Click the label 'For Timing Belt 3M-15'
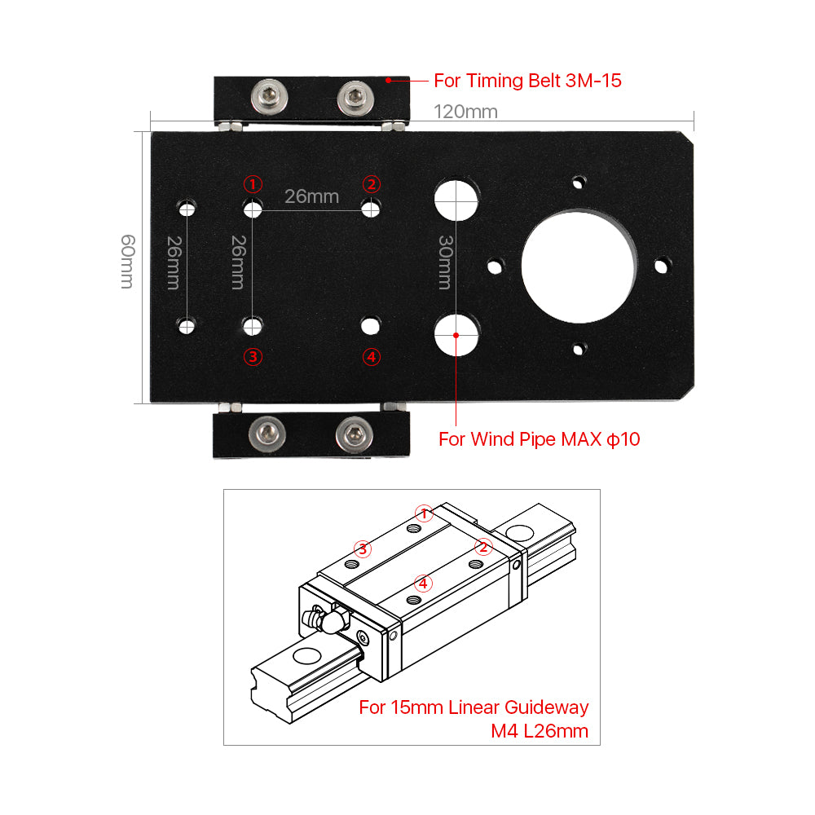(x=527, y=81)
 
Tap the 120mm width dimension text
(x=465, y=112)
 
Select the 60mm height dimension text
(x=128, y=262)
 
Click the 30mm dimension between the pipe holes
(x=445, y=262)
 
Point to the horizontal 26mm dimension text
(x=311, y=196)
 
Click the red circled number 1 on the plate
(x=253, y=183)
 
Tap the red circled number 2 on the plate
(x=372, y=183)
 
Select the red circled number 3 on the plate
(x=253, y=356)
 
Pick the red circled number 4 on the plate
(x=372, y=356)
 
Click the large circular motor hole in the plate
(x=579, y=264)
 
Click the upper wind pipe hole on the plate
(x=456, y=199)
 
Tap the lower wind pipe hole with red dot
(x=456, y=335)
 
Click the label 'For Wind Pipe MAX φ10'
(x=539, y=439)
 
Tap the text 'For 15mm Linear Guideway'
(x=474, y=707)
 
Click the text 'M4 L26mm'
(x=539, y=730)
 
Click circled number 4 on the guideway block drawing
(x=422, y=583)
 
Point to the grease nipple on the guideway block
(x=321, y=621)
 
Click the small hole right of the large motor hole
(x=663, y=265)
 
